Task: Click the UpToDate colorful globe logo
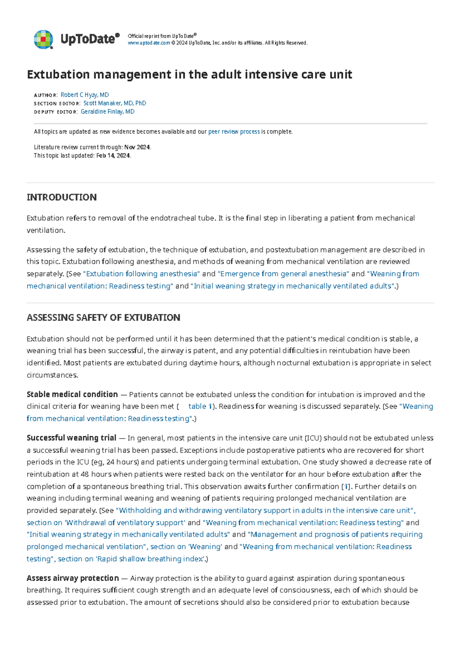(43, 39)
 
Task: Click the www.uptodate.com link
(149, 43)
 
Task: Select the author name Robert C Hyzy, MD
(85, 95)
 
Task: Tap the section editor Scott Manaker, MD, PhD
(115, 103)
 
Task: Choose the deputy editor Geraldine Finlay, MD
(107, 112)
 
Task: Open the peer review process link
(234, 132)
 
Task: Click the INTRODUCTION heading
(61, 197)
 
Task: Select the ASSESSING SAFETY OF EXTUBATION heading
(103, 317)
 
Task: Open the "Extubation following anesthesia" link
(141, 274)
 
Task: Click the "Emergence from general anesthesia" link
(283, 274)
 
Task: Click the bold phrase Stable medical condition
(72, 394)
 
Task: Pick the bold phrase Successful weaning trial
(71, 438)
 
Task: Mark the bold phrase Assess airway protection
(72, 578)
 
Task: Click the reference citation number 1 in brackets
(346, 486)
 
